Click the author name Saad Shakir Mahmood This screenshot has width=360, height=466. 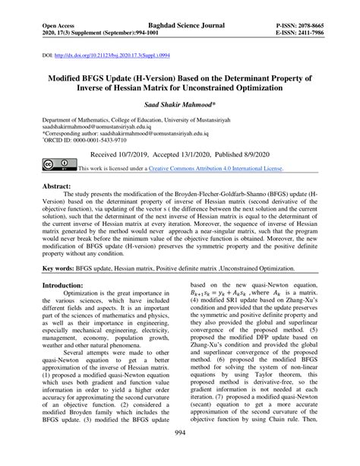point(179,105)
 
